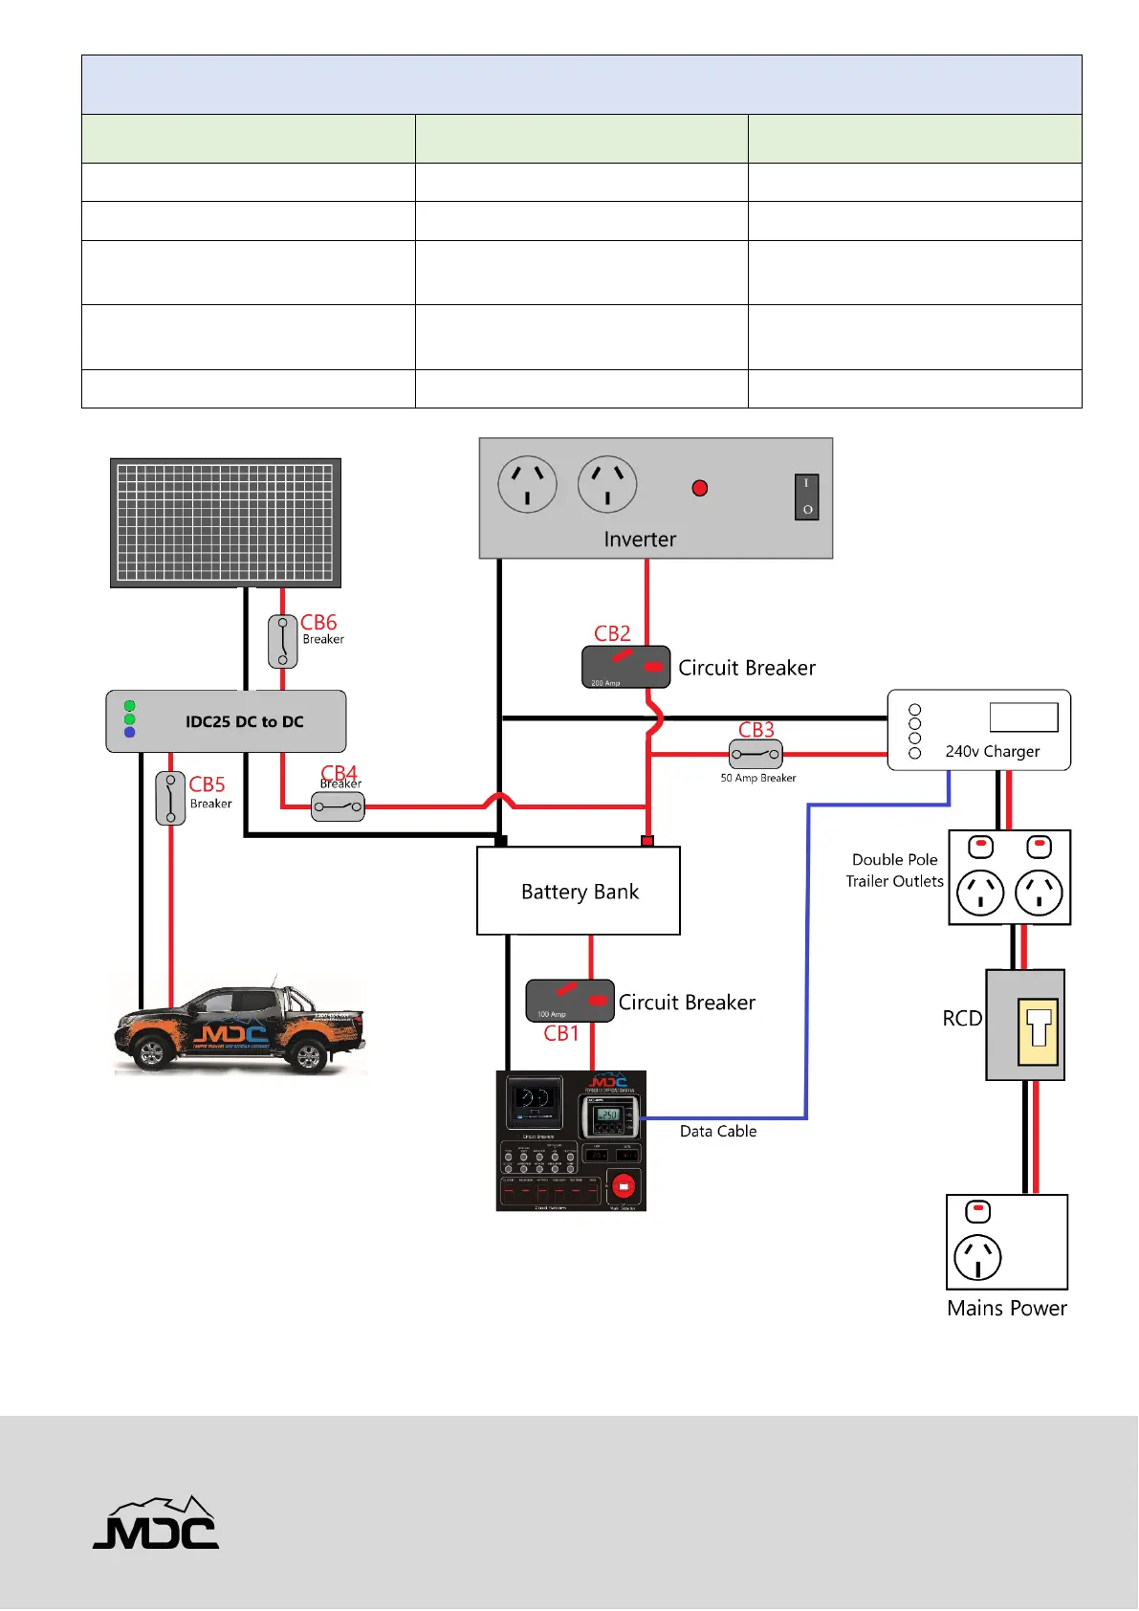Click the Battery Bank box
[579, 891]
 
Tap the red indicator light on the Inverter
[700, 488]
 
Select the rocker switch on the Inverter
[806, 497]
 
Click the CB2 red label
[612, 633]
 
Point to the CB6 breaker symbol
[282, 641]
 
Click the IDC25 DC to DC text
[245, 721]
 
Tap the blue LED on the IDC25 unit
[130, 733]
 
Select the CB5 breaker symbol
[170, 798]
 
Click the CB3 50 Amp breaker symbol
[756, 755]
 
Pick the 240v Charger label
[992, 751]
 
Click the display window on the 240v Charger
[1023, 717]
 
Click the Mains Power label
[1006, 1308]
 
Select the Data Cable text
[718, 1131]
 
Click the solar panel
[226, 522]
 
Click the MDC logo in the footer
[156, 1523]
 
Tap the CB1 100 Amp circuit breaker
[570, 1001]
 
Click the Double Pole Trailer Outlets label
[894, 871]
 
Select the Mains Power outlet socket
[977, 1257]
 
